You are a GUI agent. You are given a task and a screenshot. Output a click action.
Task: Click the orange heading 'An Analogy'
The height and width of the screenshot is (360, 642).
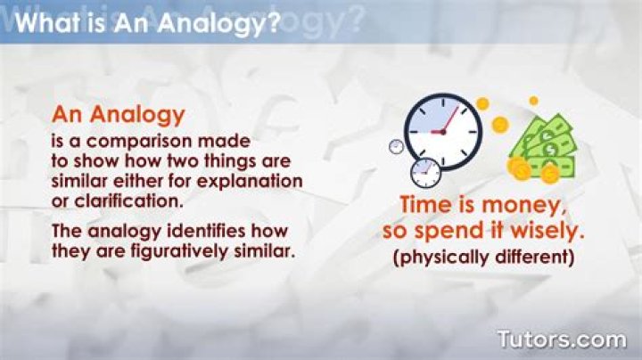coord(118,114)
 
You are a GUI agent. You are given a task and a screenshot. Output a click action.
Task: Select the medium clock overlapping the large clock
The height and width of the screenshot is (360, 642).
coord(425,170)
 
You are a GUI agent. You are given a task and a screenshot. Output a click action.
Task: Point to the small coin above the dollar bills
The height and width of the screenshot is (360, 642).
coord(533,101)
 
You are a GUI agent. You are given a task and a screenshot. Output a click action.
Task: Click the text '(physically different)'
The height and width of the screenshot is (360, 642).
coord(482,258)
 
